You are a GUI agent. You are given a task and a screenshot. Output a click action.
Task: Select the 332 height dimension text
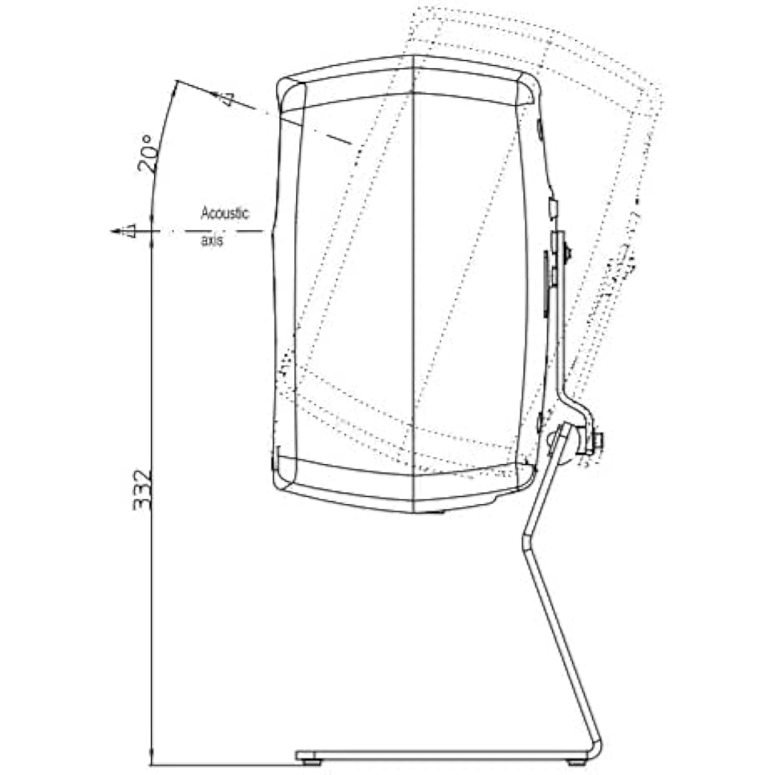tap(142, 490)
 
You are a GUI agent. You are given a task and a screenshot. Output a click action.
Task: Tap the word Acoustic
tap(225, 212)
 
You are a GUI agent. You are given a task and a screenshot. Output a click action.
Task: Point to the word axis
tap(212, 240)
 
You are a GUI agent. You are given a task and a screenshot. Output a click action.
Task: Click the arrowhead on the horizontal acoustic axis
tap(117, 231)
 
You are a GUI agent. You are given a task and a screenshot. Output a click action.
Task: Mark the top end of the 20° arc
tap(176, 81)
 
